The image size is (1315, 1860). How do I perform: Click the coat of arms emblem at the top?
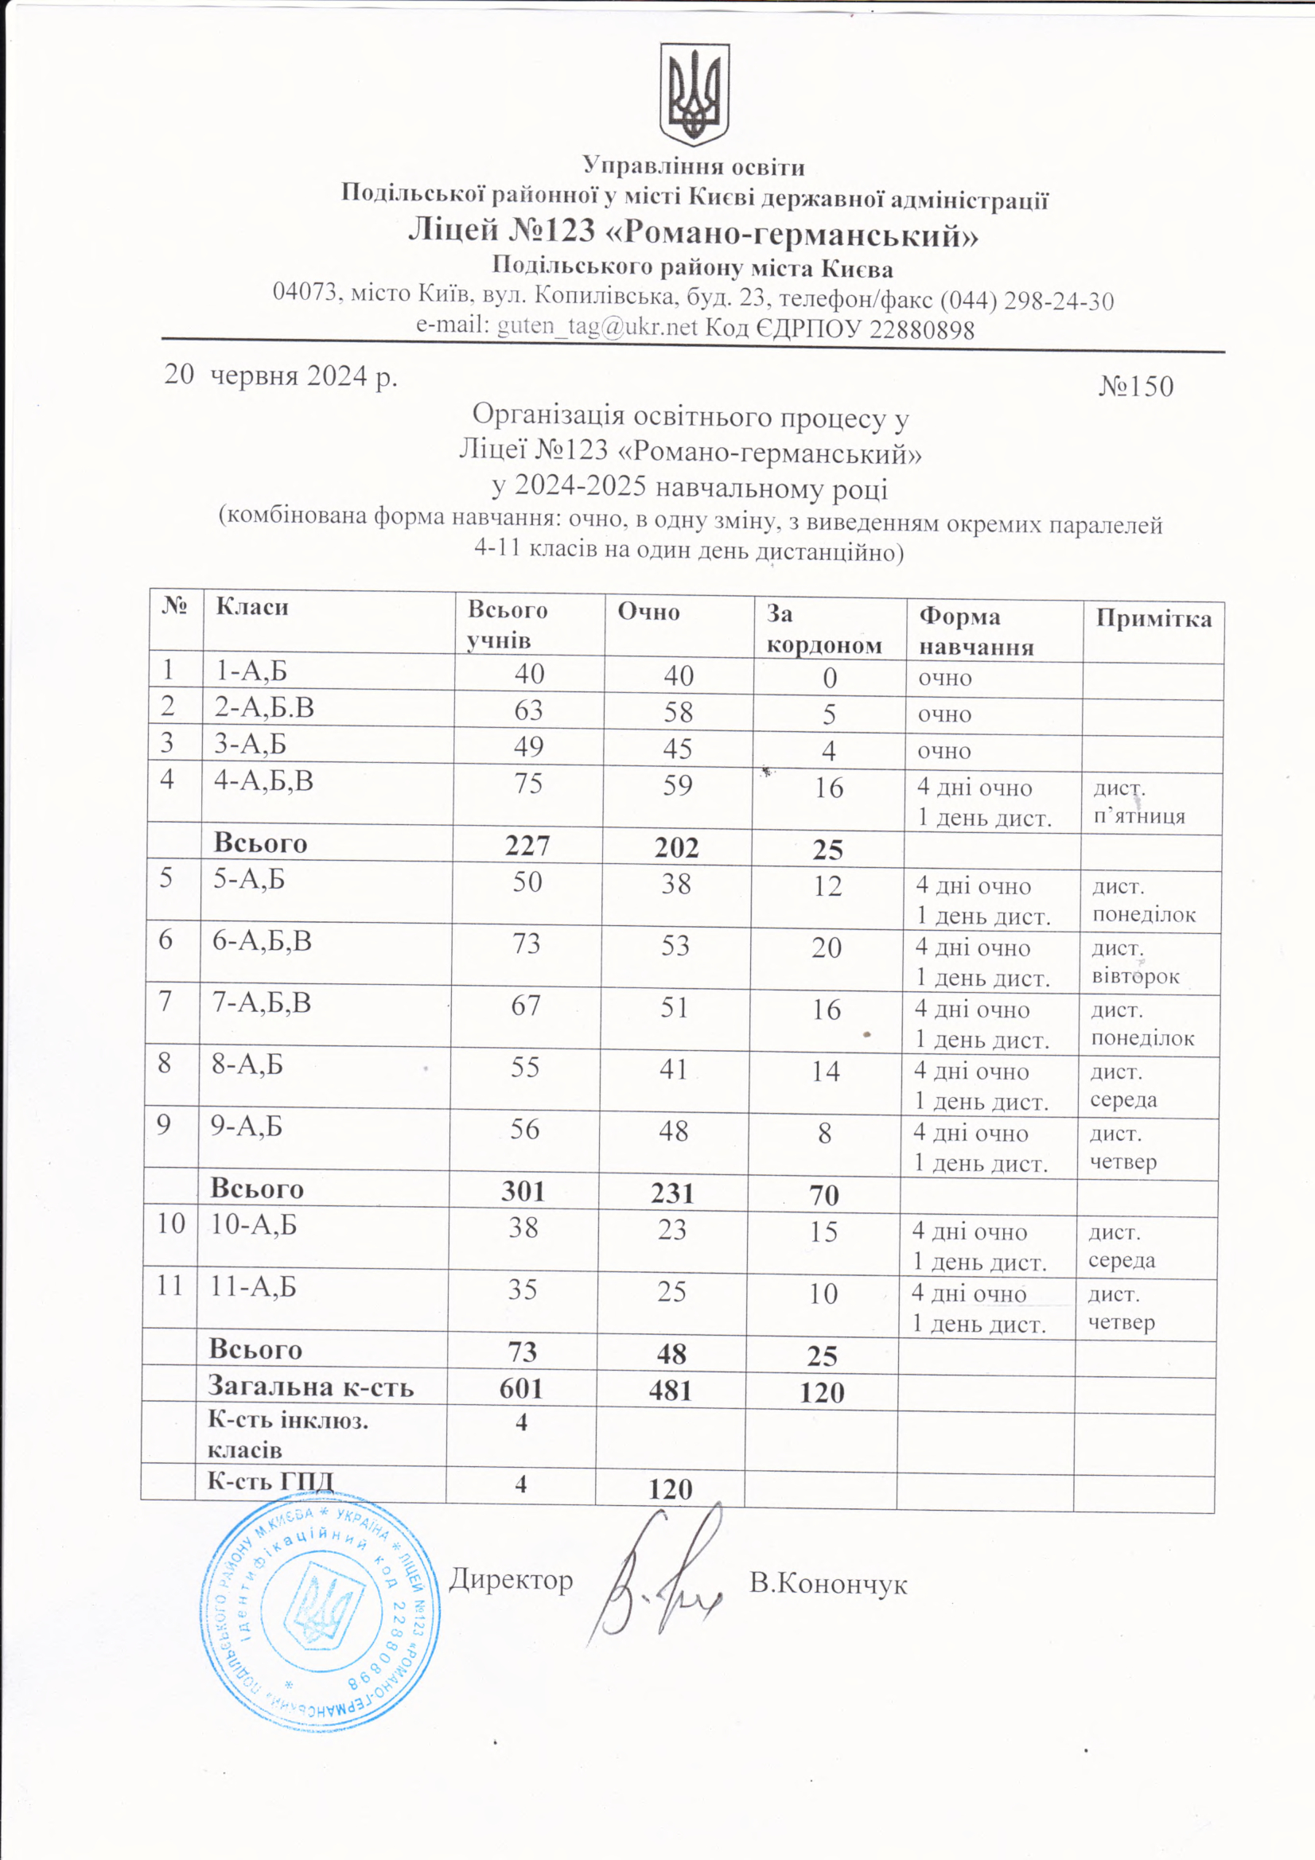(694, 95)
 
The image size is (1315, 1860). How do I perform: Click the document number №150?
(1136, 387)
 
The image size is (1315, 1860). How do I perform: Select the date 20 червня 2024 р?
(281, 376)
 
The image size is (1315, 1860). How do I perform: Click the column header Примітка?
(1154, 620)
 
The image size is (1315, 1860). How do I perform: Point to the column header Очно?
(648, 612)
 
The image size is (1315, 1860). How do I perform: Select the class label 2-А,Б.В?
(264, 708)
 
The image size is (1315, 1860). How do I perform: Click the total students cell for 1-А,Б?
(529, 674)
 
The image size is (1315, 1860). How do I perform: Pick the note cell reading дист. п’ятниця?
(1139, 802)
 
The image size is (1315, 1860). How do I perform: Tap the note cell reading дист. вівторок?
(1135, 962)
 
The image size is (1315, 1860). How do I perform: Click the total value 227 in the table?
(527, 846)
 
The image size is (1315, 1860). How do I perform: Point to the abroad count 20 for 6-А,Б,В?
(827, 947)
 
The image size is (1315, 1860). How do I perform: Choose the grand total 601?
(520, 1387)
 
